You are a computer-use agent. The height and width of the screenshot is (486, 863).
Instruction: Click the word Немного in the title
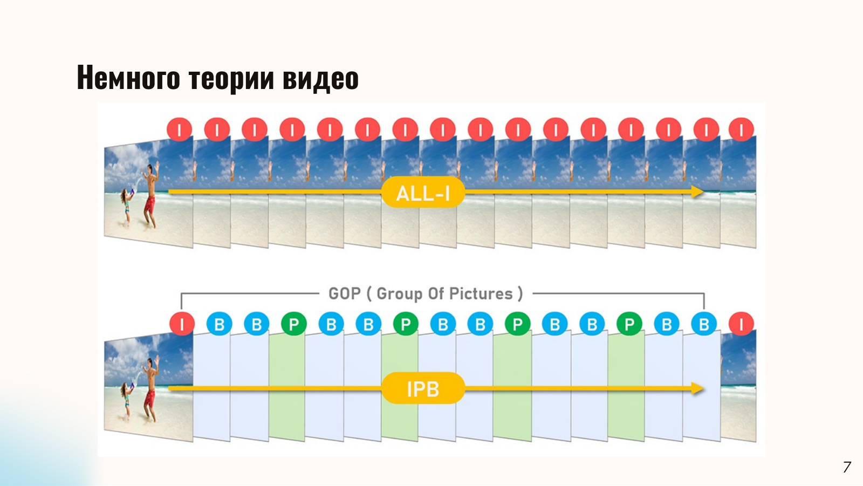click(x=128, y=78)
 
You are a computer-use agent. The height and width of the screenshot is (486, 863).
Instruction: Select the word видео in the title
click(x=320, y=78)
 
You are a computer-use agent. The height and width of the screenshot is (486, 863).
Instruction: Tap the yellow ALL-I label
click(x=423, y=193)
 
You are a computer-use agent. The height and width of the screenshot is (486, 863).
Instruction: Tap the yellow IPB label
click(x=423, y=388)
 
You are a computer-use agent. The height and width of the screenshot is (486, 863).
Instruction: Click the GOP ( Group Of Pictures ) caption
click(x=426, y=293)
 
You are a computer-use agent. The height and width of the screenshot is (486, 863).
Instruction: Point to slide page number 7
click(x=846, y=467)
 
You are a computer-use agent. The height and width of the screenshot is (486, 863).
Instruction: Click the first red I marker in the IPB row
click(x=182, y=324)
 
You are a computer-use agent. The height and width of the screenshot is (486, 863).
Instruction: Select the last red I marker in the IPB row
click(x=741, y=324)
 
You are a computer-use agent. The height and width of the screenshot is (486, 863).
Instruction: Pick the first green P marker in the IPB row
click(x=294, y=324)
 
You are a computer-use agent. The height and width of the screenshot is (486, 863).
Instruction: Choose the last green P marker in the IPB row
click(x=629, y=324)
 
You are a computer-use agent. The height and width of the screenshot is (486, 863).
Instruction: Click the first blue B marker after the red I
click(x=219, y=324)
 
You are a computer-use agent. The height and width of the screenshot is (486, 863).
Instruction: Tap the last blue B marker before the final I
click(x=704, y=324)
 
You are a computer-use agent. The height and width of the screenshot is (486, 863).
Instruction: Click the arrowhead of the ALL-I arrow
click(x=698, y=191)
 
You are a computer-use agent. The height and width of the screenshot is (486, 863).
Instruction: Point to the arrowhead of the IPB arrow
click(x=698, y=388)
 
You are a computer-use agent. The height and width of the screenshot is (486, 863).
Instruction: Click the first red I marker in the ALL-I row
click(x=180, y=129)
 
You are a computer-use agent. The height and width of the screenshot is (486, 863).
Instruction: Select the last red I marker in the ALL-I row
click(x=741, y=129)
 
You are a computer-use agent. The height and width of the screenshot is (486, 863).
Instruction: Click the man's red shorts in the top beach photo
click(x=149, y=205)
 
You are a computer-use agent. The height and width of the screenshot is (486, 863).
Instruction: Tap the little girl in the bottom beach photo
click(x=126, y=401)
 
